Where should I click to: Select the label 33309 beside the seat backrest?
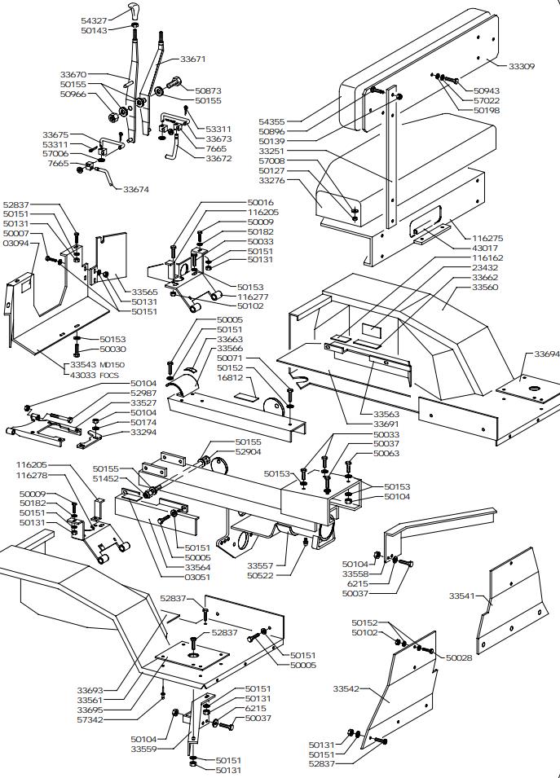(522, 66)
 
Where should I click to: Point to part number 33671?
(192, 59)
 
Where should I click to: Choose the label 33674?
(136, 189)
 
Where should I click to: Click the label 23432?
(486, 267)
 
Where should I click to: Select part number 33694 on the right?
(547, 354)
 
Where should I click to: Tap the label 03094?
(15, 243)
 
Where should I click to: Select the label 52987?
(143, 393)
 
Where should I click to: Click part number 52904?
(248, 451)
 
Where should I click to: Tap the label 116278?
(32, 474)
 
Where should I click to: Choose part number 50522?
(260, 576)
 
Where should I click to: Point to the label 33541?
(462, 596)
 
